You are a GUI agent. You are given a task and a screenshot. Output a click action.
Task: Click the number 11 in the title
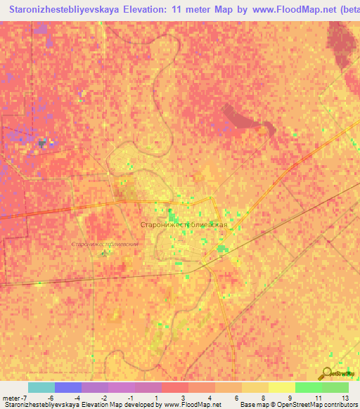pyautogui.click(x=194, y=10)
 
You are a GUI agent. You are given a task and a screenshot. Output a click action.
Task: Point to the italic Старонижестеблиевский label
pyautogui.click(x=105, y=244)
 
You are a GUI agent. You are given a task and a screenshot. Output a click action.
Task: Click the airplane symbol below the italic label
pyautogui.click(x=105, y=252)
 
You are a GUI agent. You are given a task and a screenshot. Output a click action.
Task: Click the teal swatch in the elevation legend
pyautogui.click(x=41, y=387)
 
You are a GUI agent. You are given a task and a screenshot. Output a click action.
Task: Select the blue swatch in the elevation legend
pyautogui.click(x=67, y=387)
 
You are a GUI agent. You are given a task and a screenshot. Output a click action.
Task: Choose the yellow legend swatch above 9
pyautogui.click(x=281, y=387)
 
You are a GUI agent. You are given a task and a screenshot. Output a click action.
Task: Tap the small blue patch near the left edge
pyautogui.click(x=44, y=143)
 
